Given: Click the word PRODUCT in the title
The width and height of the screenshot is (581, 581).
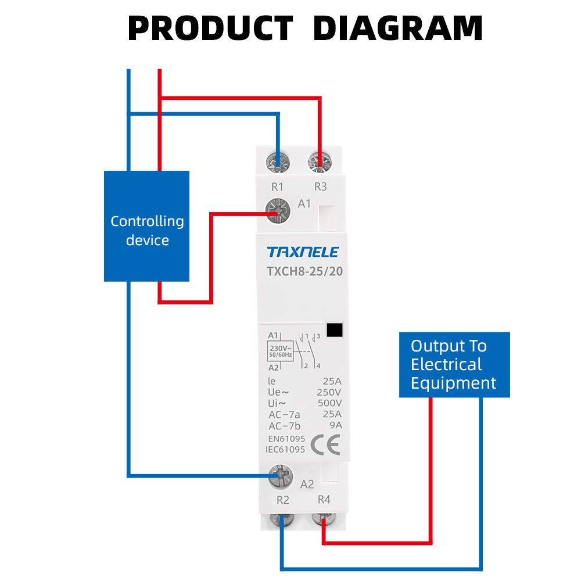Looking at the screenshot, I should pyautogui.click(x=210, y=28).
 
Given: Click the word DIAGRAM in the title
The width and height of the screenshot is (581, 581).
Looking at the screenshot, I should pyautogui.click(x=398, y=28).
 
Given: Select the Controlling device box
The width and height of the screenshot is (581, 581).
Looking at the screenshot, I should pyautogui.click(x=146, y=226).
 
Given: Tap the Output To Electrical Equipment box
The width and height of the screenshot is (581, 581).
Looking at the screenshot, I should pyautogui.click(x=454, y=364).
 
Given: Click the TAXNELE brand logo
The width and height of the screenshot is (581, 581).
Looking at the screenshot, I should pyautogui.click(x=302, y=252).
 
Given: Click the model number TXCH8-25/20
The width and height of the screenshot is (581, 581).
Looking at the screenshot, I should pyautogui.click(x=302, y=271).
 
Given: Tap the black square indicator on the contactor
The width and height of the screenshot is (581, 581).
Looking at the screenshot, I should pyautogui.click(x=335, y=330).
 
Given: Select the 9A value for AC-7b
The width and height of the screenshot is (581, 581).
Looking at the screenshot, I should pyautogui.click(x=335, y=425).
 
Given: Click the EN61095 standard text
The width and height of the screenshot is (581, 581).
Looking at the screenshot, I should pyautogui.click(x=286, y=439).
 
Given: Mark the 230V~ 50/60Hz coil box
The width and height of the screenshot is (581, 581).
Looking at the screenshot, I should pyautogui.click(x=280, y=350).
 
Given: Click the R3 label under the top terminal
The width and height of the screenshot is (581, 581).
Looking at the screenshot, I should pyautogui.click(x=321, y=187).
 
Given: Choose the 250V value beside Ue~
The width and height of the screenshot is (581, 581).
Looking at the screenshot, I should pyautogui.click(x=330, y=392).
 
